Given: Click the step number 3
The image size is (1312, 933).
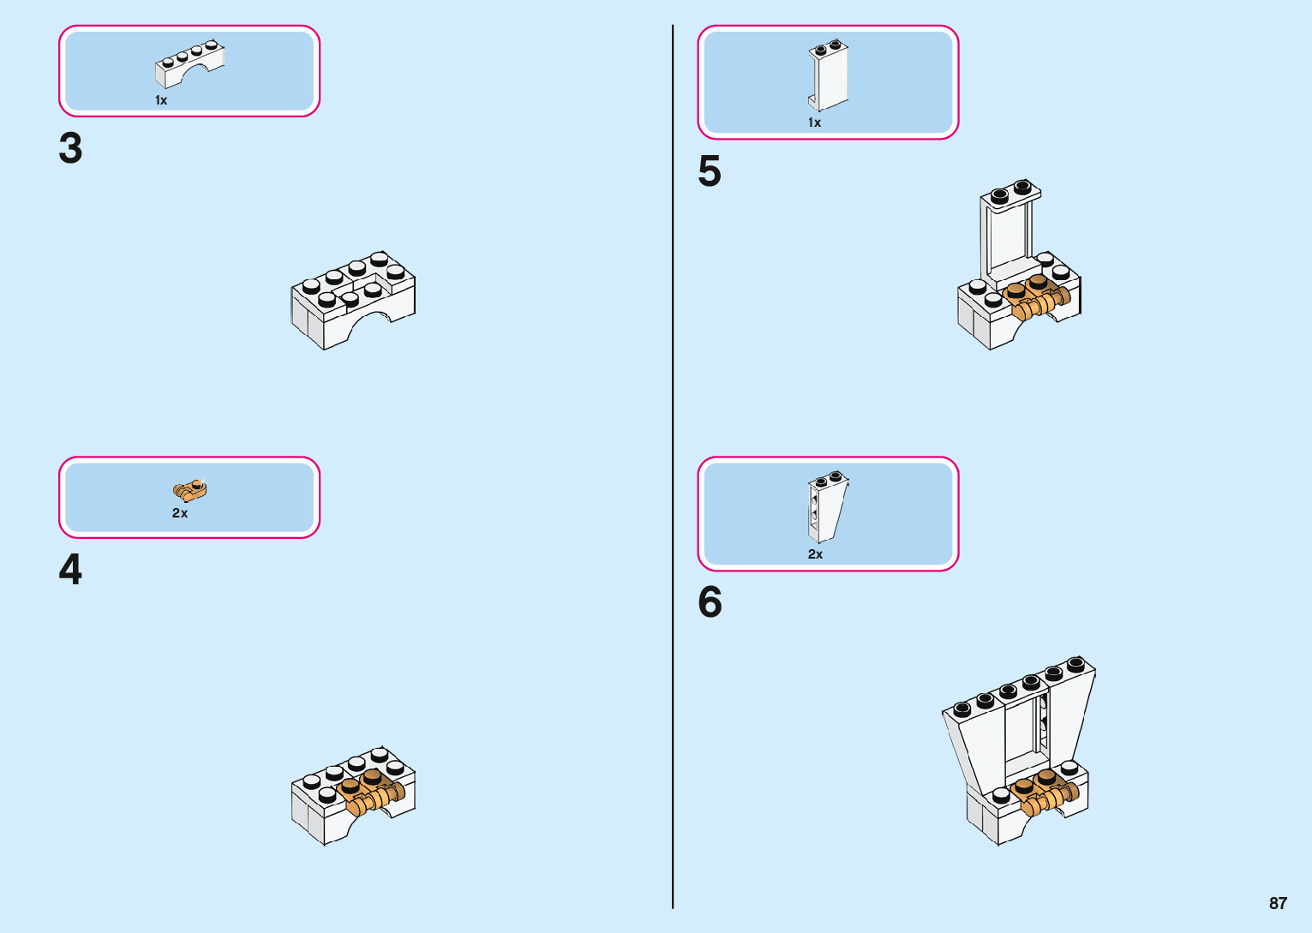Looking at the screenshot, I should [70, 148].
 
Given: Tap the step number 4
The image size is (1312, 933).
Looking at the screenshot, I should [70, 570].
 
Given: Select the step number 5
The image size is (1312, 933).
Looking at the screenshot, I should [710, 171].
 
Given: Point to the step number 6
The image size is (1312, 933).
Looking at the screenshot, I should [710, 602].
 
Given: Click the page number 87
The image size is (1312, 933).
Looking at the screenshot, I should [1278, 903].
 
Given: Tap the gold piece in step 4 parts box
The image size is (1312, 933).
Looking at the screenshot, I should [190, 490].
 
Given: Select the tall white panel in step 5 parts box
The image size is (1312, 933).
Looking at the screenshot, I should [828, 75].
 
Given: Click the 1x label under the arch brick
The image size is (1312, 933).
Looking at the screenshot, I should [161, 100].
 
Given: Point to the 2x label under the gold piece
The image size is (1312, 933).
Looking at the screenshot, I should [180, 513].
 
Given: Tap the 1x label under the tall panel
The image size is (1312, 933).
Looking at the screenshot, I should [814, 123].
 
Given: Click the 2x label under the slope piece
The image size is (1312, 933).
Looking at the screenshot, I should [815, 554].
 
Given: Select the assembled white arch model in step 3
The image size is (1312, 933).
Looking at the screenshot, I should [353, 300].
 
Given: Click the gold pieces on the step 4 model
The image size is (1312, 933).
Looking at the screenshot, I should [370, 792].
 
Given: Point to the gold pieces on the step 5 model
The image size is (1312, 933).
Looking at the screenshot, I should [1037, 297].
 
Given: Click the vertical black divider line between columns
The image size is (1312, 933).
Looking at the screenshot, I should [673, 467].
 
